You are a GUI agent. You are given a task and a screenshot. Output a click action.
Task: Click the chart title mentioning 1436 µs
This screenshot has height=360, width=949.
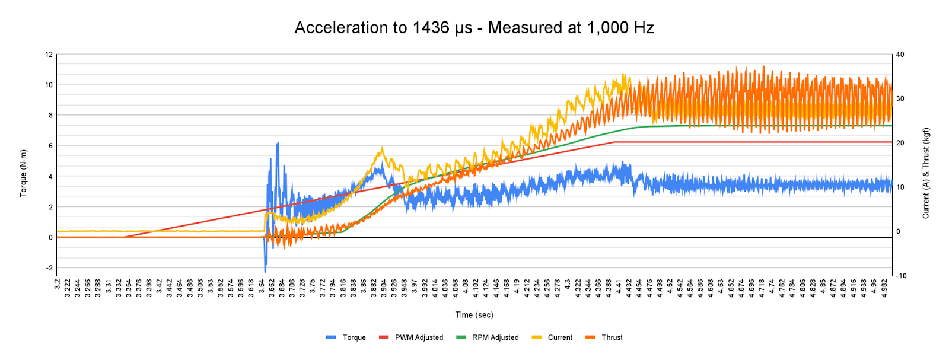pyautogui.click(x=474, y=27)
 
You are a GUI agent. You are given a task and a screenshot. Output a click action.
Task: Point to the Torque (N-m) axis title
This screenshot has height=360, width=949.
pyautogui.click(x=23, y=173)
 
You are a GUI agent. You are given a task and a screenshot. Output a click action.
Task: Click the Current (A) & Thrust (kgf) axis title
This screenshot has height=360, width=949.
pyautogui.click(x=926, y=173)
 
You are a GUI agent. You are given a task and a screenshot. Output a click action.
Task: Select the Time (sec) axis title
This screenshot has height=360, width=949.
pyautogui.click(x=474, y=315)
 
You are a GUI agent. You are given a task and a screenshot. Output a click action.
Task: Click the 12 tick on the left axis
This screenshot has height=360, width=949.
pyautogui.click(x=49, y=55)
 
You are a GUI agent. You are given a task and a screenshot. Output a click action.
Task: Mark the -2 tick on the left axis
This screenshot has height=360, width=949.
pyautogui.click(x=49, y=268)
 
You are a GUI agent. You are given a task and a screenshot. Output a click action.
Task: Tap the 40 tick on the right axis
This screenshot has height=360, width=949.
pyautogui.click(x=900, y=55)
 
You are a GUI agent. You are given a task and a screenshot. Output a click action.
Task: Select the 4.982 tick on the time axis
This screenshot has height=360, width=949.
pyautogui.click(x=884, y=289)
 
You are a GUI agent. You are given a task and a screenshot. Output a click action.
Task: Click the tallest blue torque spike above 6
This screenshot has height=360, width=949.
pyautogui.click(x=278, y=143)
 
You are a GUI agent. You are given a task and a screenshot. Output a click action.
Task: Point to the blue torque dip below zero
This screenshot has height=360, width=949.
pyautogui.click(x=265, y=271)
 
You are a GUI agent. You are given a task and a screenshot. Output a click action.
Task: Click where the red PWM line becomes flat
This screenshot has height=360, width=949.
pyautogui.click(x=614, y=142)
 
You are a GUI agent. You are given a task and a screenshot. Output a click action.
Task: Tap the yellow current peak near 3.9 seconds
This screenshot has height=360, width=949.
pyautogui.click(x=382, y=148)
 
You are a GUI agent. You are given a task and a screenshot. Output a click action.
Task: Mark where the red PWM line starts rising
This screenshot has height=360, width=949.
pyautogui.click(x=125, y=237)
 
